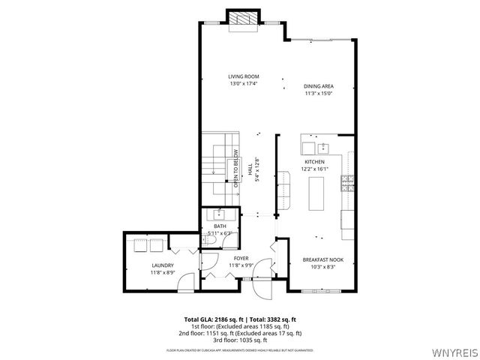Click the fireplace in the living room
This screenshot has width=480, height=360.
tap(243, 20)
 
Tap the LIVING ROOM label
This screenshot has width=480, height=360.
tap(244, 76)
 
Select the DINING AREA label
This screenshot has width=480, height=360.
tap(319, 86)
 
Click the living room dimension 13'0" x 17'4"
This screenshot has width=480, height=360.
tap(244, 84)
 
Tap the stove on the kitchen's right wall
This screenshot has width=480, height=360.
tap(347, 180)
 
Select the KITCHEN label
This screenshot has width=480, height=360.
tap(314, 162)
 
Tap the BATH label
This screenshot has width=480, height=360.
tap(220, 226)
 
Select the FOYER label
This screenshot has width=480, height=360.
tap(241, 258)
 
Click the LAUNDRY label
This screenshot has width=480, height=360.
tap(163, 265)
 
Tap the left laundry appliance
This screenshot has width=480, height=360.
tap(139, 245)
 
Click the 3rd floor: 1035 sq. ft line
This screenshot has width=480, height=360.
tap(243, 339)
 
